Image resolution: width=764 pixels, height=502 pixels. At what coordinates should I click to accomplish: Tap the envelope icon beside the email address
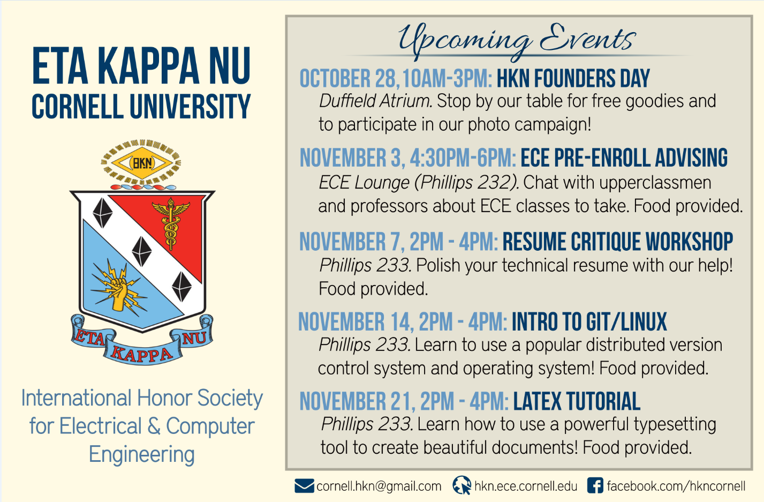pos(304,486)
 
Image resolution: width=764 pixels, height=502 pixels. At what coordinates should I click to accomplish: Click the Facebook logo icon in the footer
pos(595,485)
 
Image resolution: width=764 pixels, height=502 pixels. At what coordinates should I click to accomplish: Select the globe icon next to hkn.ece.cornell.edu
pos(462,485)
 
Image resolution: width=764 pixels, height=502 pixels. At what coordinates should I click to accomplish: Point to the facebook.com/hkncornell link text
pos(676,486)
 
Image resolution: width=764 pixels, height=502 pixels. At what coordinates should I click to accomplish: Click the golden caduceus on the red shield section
pos(171,223)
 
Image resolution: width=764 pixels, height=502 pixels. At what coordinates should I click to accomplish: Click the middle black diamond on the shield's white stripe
pos(141,251)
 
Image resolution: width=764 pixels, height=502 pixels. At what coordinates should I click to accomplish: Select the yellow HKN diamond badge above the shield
pos(141,163)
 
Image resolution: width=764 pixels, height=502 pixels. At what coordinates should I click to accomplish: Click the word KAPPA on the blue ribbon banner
pos(142,354)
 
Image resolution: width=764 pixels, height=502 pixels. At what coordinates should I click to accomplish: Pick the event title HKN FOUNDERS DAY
pos(573,79)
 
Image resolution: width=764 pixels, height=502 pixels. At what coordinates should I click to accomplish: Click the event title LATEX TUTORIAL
pos(577,401)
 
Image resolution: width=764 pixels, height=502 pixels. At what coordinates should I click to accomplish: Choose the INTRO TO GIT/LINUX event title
pos(589,321)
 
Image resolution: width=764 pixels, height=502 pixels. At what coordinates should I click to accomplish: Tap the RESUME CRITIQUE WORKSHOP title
pos(618,242)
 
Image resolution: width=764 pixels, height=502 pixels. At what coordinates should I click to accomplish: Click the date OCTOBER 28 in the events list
pos(347,79)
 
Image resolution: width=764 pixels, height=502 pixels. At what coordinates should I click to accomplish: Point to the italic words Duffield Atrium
pos(375,101)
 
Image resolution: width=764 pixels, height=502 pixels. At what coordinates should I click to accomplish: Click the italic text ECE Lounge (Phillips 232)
pos(419,183)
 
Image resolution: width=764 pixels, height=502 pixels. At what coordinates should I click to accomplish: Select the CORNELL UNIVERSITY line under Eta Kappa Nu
pos(141,106)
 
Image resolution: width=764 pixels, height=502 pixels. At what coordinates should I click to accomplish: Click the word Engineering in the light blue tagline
pos(141,454)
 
